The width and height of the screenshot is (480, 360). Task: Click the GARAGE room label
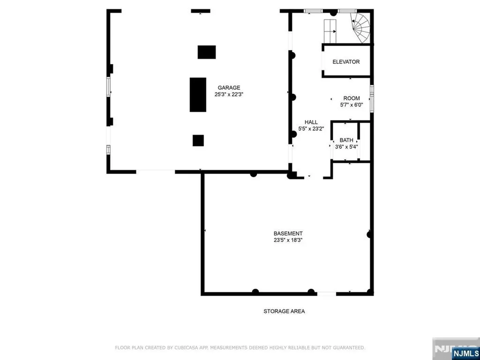[x=229, y=88]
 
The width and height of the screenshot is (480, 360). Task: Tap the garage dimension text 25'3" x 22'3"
[x=229, y=94]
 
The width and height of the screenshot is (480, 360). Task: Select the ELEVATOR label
[x=346, y=62]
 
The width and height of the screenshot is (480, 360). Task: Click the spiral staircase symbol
[x=361, y=27]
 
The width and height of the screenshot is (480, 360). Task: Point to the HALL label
[x=311, y=122]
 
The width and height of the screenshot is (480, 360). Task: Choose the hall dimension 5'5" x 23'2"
[x=311, y=129]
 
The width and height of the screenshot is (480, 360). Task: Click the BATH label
[x=346, y=140]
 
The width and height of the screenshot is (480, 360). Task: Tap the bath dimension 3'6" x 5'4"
[x=346, y=147]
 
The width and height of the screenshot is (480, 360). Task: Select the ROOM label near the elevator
[x=352, y=98]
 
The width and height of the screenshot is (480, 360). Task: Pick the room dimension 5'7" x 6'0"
[x=352, y=105]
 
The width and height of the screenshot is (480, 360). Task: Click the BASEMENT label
[x=288, y=233]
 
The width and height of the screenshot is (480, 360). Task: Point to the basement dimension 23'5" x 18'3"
[x=288, y=240]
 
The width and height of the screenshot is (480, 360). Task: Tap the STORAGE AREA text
[x=284, y=311]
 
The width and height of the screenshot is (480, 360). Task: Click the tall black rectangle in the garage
[x=198, y=95]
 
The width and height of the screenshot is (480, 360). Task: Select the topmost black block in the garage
[x=207, y=52]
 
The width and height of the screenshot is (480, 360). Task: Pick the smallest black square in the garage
[x=198, y=141]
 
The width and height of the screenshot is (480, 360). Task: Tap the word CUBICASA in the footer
[x=186, y=348]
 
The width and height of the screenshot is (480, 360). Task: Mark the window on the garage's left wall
[x=109, y=87]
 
